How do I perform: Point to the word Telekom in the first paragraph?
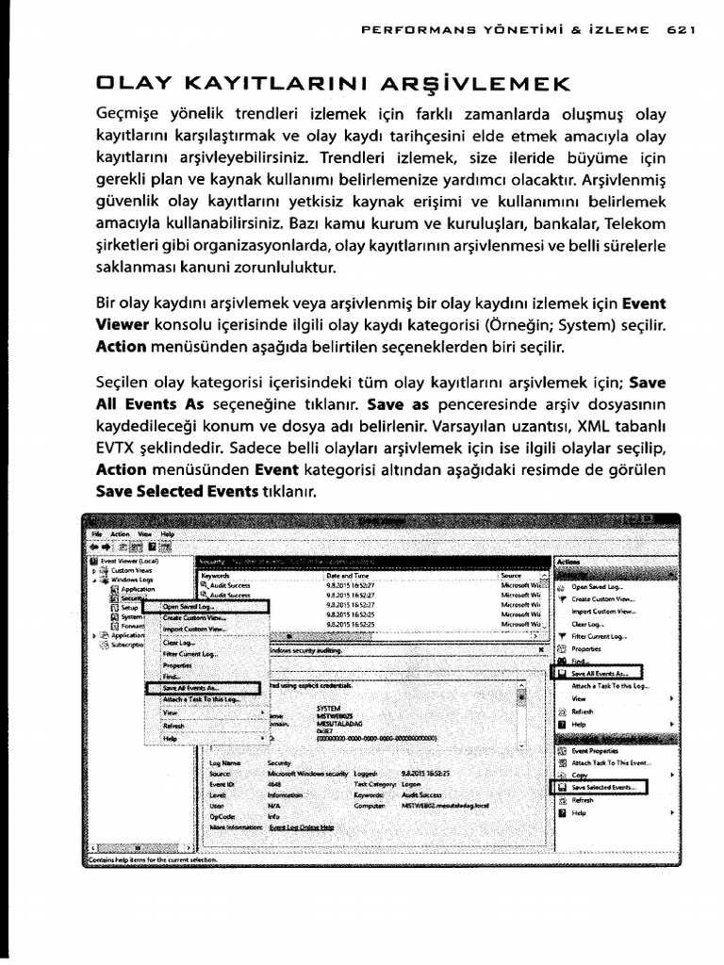636,224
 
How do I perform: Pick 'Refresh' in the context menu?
173,725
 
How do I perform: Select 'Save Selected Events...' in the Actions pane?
603,785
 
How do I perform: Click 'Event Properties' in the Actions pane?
595,750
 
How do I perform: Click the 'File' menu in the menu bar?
95,533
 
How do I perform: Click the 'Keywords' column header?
216,574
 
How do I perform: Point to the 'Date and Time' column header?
347,574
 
